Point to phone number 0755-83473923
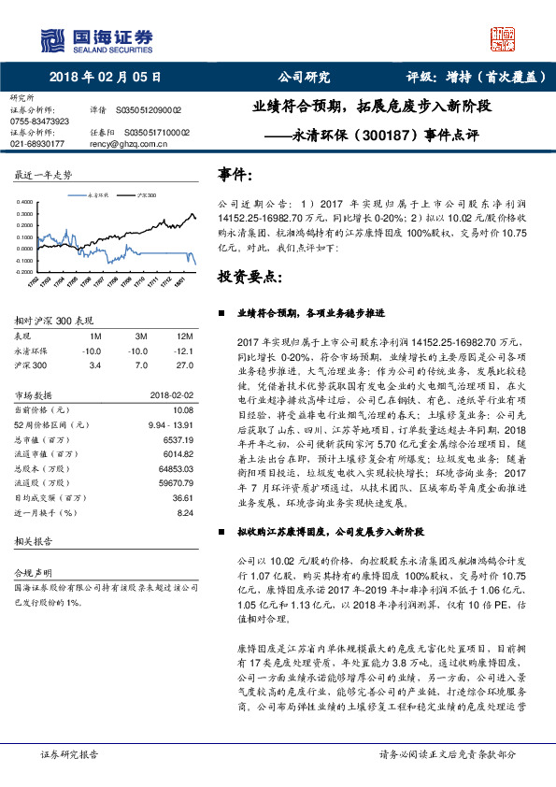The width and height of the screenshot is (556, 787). (39, 122)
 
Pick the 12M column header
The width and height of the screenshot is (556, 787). (184, 336)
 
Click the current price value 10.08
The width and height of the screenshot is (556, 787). (181, 408)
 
